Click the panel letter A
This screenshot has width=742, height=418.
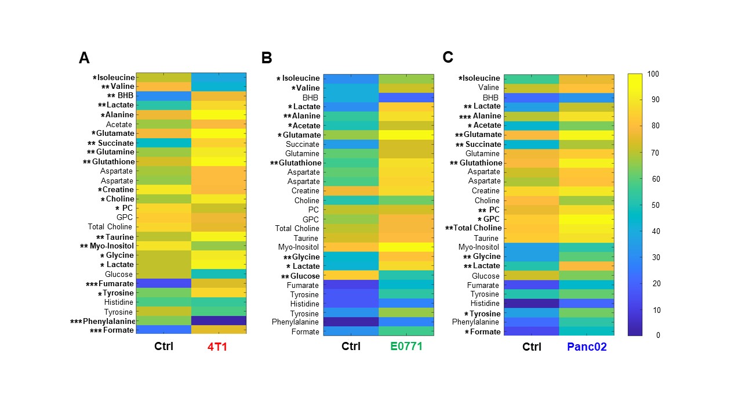click(x=84, y=58)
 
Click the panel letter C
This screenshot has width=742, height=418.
click(x=448, y=57)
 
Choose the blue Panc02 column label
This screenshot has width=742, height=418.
click(x=586, y=347)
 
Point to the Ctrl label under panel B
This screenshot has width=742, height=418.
click(x=351, y=347)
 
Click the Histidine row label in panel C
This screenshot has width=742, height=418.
click(x=485, y=304)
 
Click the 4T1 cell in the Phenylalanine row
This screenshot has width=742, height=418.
click(x=219, y=321)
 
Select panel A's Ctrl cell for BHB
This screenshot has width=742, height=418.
click(x=163, y=96)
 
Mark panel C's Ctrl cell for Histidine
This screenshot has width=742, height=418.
click(x=531, y=304)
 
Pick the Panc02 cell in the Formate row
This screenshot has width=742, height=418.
click(x=586, y=331)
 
